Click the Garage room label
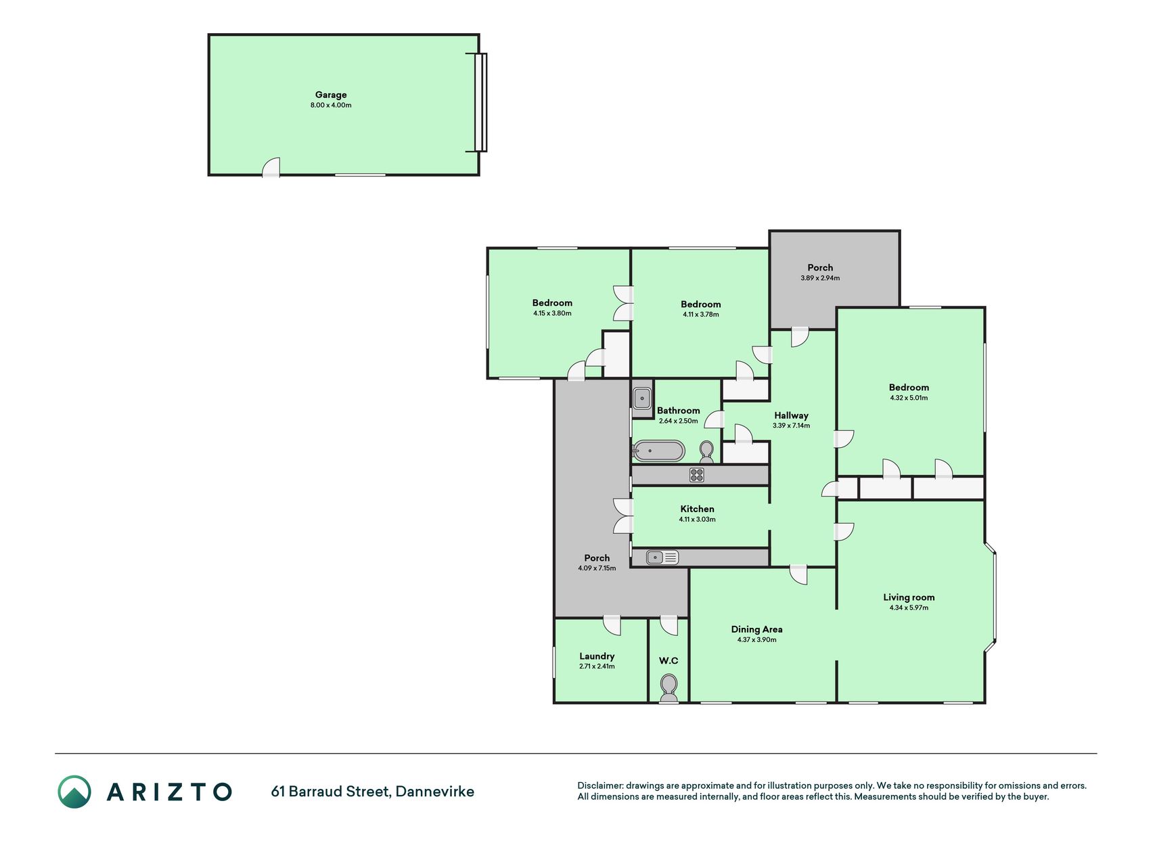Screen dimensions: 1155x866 click(x=331, y=95)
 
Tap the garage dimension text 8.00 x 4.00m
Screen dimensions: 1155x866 click(x=331, y=106)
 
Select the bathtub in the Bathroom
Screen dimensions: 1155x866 click(x=658, y=451)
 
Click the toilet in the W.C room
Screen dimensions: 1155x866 click(x=669, y=687)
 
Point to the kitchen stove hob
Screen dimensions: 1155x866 click(x=697, y=475)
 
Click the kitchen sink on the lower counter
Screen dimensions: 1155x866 click(x=662, y=557)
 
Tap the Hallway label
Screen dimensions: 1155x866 click(x=792, y=415)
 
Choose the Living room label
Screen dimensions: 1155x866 click(x=909, y=597)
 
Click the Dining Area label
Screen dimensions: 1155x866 click(x=756, y=629)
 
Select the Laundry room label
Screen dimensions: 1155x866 click(x=597, y=656)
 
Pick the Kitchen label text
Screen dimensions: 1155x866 click(x=698, y=509)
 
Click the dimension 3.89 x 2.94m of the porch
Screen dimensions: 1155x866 click(x=820, y=278)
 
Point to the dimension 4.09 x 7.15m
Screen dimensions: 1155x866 click(x=597, y=568)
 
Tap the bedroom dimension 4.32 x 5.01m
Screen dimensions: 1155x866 click(x=909, y=398)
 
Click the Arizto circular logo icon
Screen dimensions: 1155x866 click(x=74, y=792)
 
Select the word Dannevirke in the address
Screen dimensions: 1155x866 click(x=435, y=792)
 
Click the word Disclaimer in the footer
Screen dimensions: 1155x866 click(x=599, y=785)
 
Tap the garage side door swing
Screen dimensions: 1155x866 click(x=271, y=167)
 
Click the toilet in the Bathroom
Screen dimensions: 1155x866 click(x=706, y=451)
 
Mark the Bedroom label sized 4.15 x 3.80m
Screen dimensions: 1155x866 click(x=552, y=303)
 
